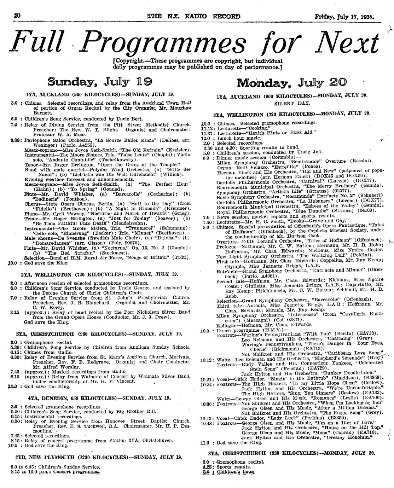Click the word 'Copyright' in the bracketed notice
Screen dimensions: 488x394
pyautogui.click(x=128, y=61)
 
